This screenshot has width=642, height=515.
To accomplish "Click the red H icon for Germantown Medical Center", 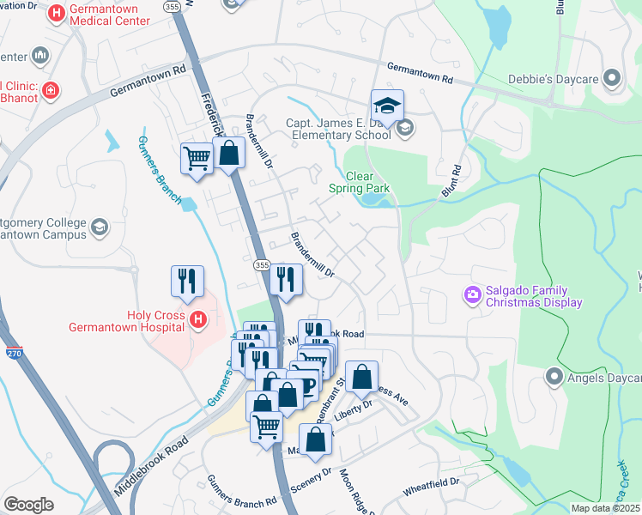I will [57, 13].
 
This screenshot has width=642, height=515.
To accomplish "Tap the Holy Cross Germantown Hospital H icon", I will [198, 321].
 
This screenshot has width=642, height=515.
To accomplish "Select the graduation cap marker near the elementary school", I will [386, 107].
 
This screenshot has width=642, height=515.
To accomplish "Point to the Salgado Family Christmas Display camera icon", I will [472, 296].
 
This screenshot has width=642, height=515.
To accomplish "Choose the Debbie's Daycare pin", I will [612, 79].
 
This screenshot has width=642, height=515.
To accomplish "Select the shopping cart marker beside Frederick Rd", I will [197, 159].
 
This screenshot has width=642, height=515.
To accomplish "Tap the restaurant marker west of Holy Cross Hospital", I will [187, 281].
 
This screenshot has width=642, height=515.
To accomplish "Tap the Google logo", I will [28, 504].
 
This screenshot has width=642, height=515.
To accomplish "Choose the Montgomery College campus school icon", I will [100, 227].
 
